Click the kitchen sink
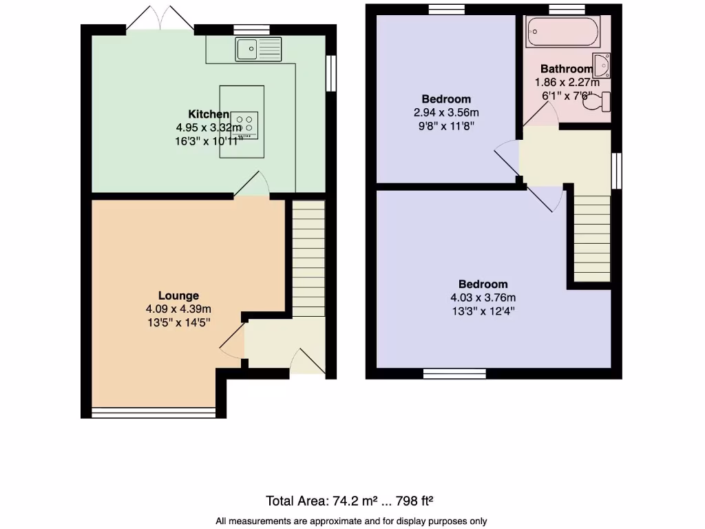click(x=258, y=48)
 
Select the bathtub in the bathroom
click(x=562, y=32)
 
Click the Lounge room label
click(x=179, y=295)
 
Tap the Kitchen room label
click(x=209, y=114)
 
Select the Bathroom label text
click(x=566, y=69)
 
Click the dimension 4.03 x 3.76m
click(x=483, y=298)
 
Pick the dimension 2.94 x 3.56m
click(x=446, y=112)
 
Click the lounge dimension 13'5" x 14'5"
click(x=178, y=322)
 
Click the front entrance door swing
click(x=304, y=361)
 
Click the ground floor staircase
click(x=308, y=258)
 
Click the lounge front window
click(x=154, y=413)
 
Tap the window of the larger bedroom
click(x=454, y=373)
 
